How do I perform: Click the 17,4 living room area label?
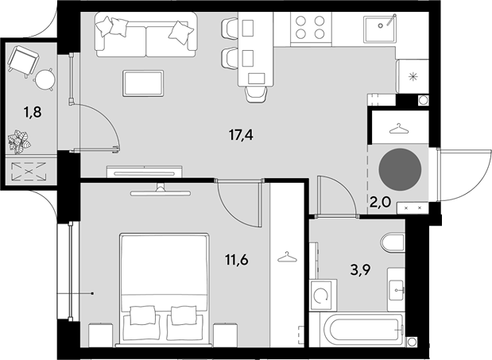[x=241, y=135]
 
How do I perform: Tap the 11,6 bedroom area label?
[x=237, y=260]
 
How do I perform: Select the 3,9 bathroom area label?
[x=361, y=269]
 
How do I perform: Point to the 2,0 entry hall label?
[x=380, y=203]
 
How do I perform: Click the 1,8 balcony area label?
[x=33, y=111]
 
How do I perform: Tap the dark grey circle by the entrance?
[x=400, y=169]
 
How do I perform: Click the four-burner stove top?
[x=311, y=27]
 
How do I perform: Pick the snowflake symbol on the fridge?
[x=413, y=76]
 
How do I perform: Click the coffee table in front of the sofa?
[x=143, y=83]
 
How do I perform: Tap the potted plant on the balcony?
[x=19, y=142]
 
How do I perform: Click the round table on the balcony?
[x=45, y=79]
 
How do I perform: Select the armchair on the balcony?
[x=22, y=61]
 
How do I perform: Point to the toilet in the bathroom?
[x=393, y=242]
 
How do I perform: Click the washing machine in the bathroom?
[x=323, y=295]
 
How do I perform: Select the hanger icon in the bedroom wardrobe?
[x=287, y=257]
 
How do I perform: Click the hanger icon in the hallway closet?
[x=399, y=129]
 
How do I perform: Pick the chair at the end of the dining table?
[x=257, y=94]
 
